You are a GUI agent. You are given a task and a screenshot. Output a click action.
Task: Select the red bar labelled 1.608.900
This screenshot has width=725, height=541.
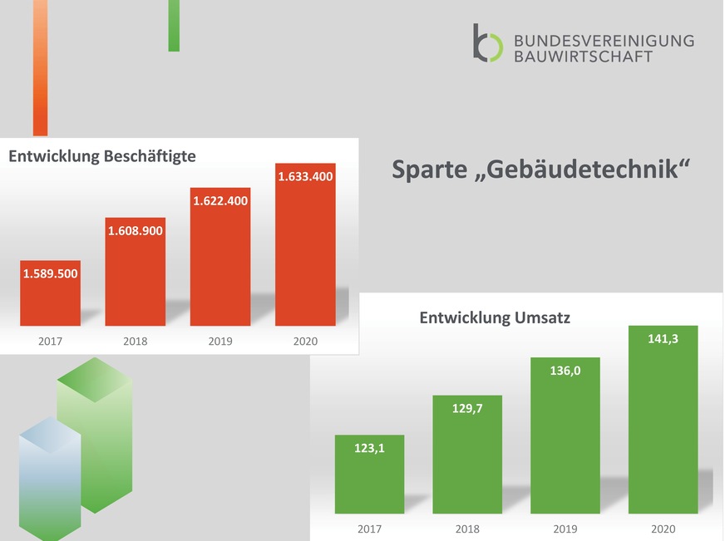pos(136,283)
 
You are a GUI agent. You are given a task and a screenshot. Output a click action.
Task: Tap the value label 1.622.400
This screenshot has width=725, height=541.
pos(220,201)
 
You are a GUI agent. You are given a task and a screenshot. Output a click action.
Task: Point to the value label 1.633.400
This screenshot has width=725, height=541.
pos(305,176)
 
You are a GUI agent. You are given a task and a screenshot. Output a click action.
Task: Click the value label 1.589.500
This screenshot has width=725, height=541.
pos(51,273)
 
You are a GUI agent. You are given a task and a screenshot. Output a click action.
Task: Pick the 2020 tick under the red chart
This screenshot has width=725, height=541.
pos(304,341)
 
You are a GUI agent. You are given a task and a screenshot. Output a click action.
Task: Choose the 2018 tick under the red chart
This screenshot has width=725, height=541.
pos(136,341)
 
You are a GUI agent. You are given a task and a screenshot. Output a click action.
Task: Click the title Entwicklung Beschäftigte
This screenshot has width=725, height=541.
pos(102,155)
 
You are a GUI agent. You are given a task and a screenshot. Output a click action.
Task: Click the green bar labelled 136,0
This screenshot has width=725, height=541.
pos(565,449)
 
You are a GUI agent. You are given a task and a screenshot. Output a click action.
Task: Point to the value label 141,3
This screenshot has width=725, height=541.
pos(663,338)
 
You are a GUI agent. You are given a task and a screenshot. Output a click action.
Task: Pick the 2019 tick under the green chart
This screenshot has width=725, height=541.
pos(565,529)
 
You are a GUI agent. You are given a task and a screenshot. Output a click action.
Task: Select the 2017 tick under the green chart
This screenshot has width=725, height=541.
pos(369,529)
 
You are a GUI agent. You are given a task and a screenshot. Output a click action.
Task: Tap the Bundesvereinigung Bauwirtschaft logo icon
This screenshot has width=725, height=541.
pos(487,42)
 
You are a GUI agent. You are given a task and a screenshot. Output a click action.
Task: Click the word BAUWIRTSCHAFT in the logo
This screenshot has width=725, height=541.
pos(583,56)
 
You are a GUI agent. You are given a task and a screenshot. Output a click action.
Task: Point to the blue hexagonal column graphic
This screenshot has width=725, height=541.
pos(49,478)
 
